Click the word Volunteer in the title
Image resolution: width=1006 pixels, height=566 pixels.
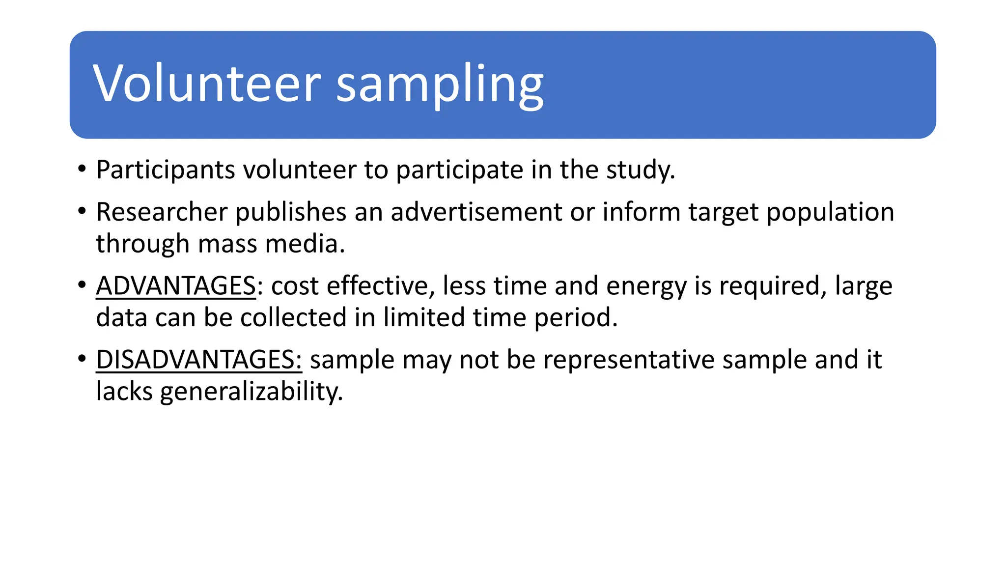206,84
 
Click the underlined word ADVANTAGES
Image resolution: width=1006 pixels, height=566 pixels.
176,286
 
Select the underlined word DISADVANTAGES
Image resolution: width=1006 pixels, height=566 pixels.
198,360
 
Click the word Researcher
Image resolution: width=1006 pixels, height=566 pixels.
162,212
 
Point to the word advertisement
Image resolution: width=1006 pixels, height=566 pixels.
476,212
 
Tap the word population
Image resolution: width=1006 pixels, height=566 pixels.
830,212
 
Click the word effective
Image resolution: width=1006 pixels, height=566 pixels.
377,286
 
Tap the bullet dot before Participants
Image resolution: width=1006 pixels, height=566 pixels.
82,170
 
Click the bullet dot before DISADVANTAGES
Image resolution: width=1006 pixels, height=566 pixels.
82,359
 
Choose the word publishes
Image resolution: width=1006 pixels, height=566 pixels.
291,212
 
